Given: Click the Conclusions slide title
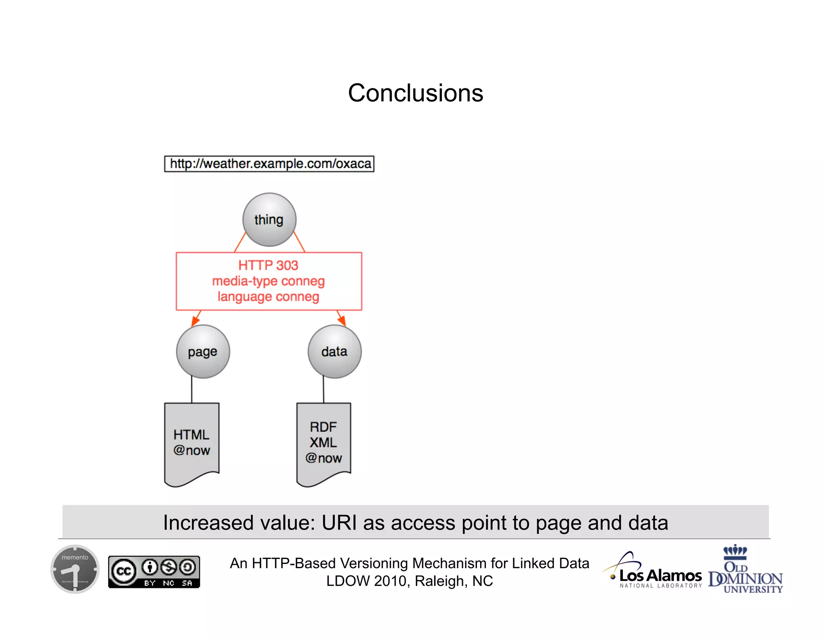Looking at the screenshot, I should point(415,93).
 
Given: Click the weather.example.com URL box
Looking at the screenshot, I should point(269,164).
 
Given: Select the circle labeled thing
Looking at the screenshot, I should point(269,220).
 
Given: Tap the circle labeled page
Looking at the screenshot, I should point(203,352).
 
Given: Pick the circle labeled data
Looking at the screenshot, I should point(334,352).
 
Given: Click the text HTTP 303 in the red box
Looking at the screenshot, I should point(268,265).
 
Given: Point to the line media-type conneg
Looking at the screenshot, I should point(268,281).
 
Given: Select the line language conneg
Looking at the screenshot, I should point(268,297).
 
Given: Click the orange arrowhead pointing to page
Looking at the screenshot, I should point(195,321).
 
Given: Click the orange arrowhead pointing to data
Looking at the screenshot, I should point(342,321).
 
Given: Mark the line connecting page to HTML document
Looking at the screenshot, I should point(192,390).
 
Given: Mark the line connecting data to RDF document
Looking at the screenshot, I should point(323,390).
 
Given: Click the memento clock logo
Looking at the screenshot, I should point(75,569).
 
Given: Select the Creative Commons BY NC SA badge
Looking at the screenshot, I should point(154,571).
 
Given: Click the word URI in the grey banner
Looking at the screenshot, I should point(339,523).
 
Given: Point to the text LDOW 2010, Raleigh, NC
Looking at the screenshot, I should point(409,581).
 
